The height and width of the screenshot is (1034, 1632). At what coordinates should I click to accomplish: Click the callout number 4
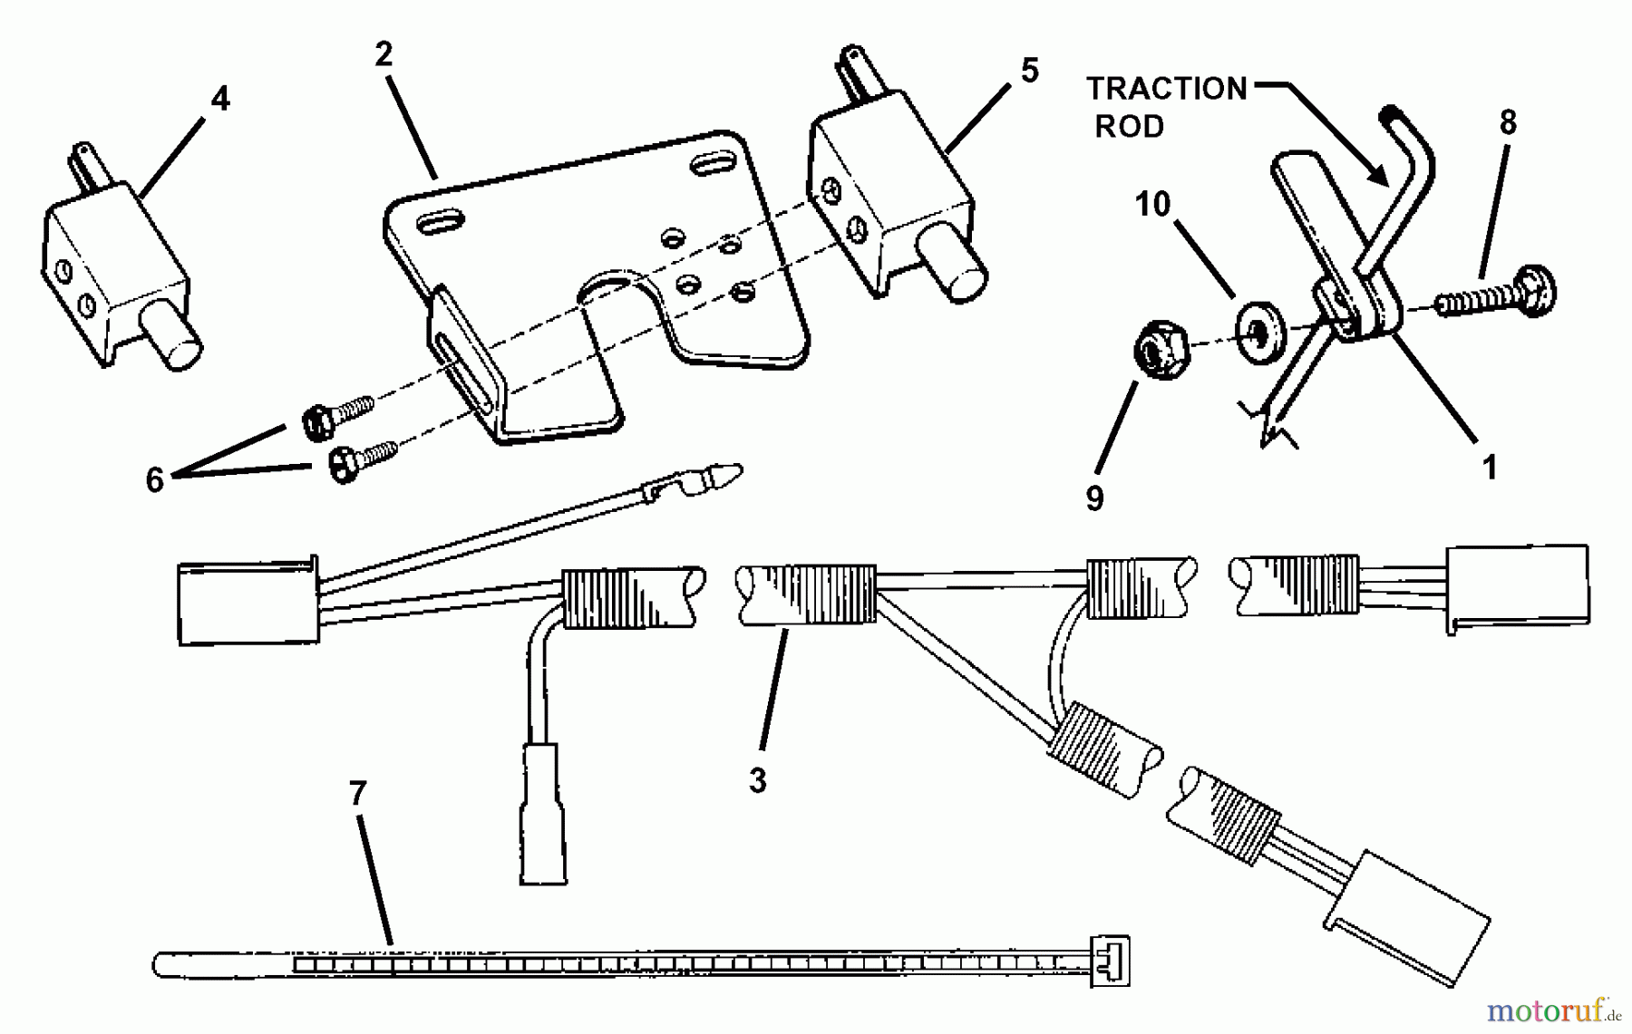tap(220, 99)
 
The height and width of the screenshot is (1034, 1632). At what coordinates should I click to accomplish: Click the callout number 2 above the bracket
tap(384, 54)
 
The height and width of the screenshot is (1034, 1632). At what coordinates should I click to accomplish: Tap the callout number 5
tap(1029, 71)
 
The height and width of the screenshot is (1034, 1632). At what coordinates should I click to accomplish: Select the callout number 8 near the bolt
tap(1508, 122)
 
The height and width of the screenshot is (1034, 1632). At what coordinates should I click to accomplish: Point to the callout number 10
tap(1152, 204)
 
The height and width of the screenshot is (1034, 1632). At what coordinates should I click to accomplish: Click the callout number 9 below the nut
tap(1094, 498)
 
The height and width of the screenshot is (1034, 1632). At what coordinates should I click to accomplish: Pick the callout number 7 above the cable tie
tap(357, 794)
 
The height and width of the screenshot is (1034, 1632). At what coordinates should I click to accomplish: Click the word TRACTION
tap(1167, 89)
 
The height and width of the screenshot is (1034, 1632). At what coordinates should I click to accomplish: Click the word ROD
tap(1129, 127)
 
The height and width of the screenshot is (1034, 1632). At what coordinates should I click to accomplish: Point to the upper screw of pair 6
tap(336, 415)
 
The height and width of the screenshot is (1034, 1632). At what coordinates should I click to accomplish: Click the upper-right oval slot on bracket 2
tap(716, 166)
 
